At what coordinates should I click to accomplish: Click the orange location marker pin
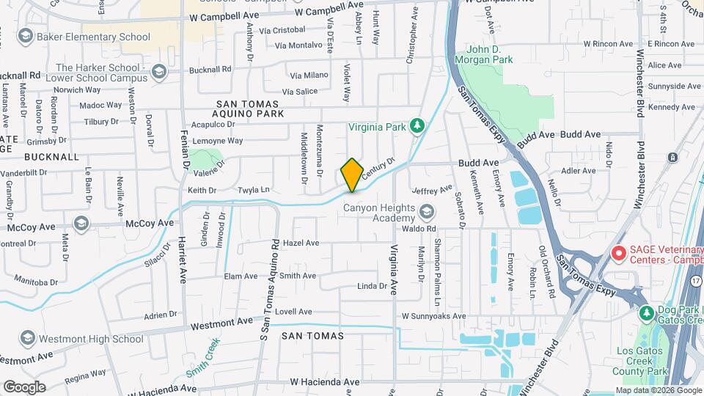tap(352, 175)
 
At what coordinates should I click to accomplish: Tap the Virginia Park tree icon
tap(417, 126)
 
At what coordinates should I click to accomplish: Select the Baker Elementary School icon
tap(26, 37)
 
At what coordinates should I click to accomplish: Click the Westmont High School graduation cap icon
tap(28, 339)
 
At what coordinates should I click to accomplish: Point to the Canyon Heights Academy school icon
tap(426, 213)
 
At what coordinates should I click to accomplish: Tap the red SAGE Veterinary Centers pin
tap(618, 254)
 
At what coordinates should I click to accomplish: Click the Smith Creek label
tap(203, 357)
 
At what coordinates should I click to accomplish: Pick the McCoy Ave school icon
tap(81, 223)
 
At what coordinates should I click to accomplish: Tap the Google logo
tap(24, 386)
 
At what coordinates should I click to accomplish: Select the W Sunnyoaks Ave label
tap(433, 316)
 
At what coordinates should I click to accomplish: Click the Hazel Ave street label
tap(301, 243)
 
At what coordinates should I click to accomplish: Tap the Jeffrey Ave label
tap(433, 189)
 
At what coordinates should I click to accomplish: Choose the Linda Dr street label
tap(372, 286)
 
